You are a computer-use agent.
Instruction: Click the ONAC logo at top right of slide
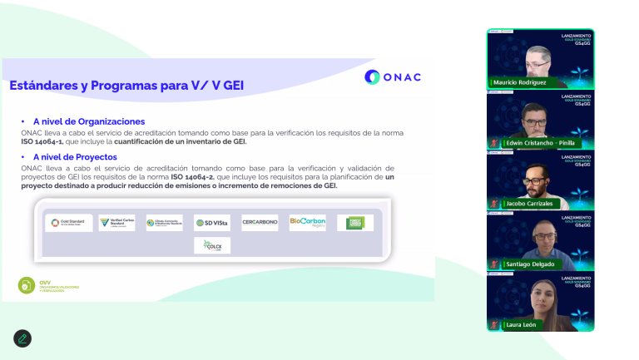tap(393, 77)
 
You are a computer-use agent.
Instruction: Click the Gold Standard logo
tap(69, 223)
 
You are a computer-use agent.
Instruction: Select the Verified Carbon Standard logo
tap(116, 223)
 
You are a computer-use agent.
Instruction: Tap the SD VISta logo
tap(211, 223)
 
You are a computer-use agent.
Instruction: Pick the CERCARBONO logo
tap(260, 223)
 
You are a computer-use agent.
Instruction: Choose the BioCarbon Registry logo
tap(307, 223)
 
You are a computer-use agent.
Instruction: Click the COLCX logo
tap(211, 245)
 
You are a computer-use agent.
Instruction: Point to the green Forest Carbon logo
tap(355, 223)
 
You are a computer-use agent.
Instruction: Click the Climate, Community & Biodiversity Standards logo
tap(163, 223)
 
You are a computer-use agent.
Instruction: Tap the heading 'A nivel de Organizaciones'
tap(89, 121)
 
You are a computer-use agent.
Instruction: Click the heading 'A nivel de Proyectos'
tap(75, 156)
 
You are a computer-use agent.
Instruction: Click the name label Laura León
tap(519, 324)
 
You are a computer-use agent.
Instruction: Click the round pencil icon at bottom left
tap(22, 338)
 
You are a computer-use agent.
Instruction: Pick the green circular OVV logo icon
tap(27, 285)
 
